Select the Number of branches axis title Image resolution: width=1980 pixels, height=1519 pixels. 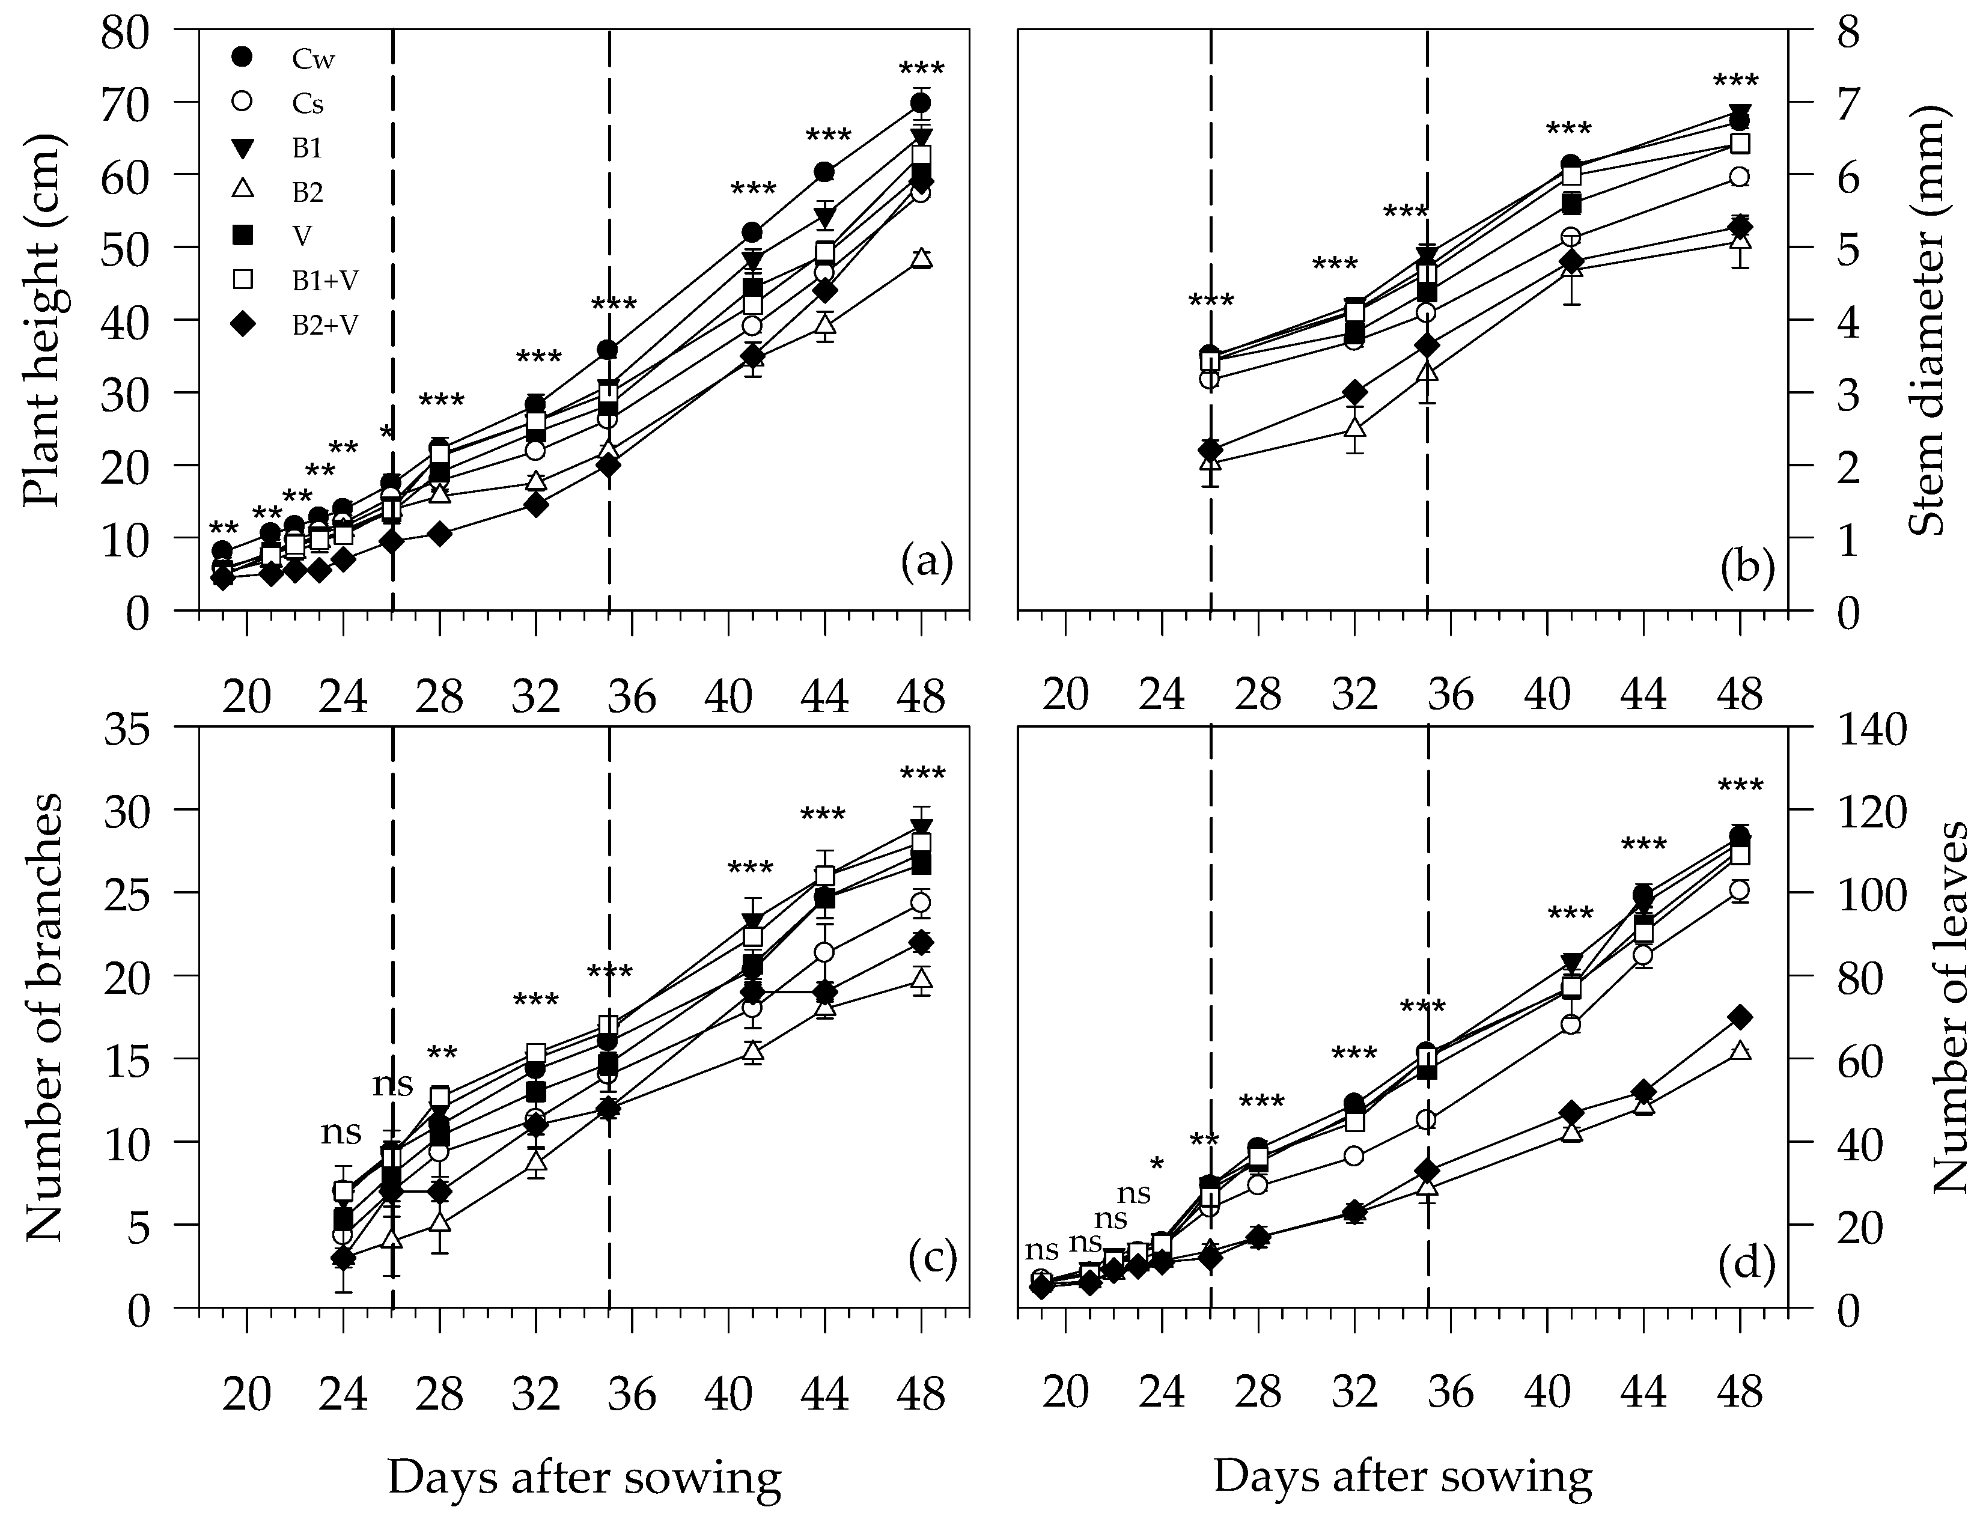pyautogui.click(x=41, y=1017)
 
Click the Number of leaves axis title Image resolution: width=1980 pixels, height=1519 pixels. pyautogui.click(x=1953, y=1017)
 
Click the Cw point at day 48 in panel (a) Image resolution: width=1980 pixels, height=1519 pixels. pyautogui.click(x=921, y=102)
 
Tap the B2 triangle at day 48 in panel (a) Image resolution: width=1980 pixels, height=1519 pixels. pyautogui.click(x=921, y=258)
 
